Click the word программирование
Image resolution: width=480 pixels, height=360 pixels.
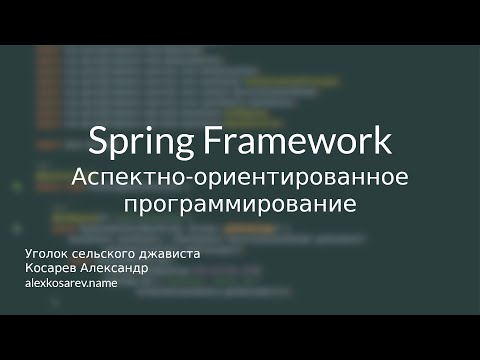coord(240,207)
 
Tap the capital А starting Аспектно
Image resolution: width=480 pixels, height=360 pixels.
coord(80,177)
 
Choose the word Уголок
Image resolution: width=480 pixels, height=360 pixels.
coord(44,254)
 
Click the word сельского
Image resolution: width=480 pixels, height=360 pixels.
coord(104,254)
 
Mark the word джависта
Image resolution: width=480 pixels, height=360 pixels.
coord(171,254)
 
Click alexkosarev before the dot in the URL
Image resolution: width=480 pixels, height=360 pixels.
coord(56,284)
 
